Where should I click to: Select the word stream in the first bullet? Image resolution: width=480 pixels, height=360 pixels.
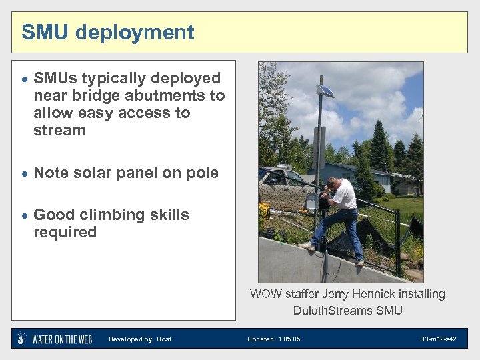59,131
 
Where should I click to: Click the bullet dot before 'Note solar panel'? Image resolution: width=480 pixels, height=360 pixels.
24,173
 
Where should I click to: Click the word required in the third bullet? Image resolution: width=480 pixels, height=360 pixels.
65,232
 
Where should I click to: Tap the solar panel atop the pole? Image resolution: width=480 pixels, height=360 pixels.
325,90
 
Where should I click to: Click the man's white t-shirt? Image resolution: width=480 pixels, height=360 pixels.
345,194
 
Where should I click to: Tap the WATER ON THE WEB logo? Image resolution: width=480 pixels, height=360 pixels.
55,339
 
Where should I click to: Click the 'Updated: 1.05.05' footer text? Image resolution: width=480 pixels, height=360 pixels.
273,339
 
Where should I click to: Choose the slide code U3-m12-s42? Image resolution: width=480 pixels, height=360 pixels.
438,339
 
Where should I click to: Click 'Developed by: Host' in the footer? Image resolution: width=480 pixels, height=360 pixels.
140,339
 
